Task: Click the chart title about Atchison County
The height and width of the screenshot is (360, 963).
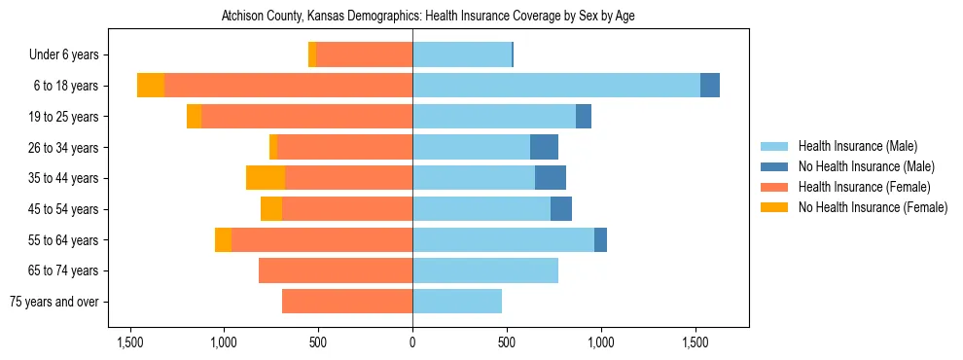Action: click(x=428, y=17)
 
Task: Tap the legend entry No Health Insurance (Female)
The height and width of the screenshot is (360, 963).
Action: click(x=870, y=207)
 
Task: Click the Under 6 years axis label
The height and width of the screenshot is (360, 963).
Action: click(x=69, y=55)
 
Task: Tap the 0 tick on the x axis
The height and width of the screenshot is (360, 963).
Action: click(x=412, y=342)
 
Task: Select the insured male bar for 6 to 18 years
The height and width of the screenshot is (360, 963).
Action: click(x=556, y=86)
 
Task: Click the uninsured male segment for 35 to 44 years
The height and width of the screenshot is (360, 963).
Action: click(x=551, y=178)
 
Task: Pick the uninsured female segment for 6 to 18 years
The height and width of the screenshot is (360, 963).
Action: click(x=151, y=86)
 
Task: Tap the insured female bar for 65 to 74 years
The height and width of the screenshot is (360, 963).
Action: click(x=336, y=270)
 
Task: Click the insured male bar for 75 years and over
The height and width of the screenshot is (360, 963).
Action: click(x=457, y=302)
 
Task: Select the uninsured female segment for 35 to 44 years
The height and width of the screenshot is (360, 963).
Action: click(x=266, y=178)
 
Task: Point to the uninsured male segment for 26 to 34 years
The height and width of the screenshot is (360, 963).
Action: click(x=544, y=147)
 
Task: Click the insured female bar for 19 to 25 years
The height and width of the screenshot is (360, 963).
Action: click(x=306, y=117)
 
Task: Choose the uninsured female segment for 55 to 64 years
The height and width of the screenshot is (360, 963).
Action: click(x=223, y=239)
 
